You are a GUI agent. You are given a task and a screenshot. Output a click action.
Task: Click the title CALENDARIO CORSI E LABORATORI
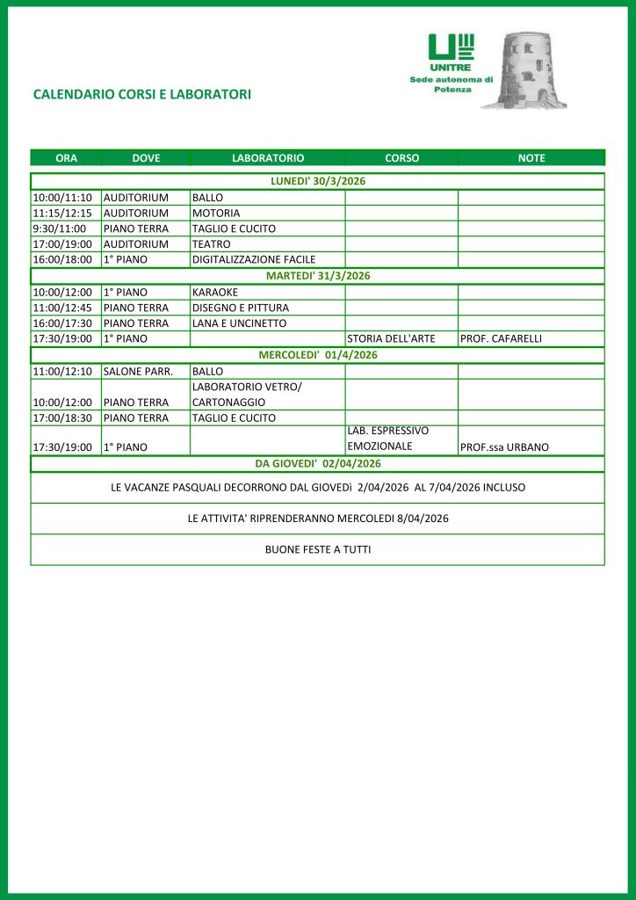pyautogui.click(x=141, y=94)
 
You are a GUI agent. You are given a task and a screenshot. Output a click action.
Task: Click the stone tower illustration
pyautogui.click(x=536, y=70)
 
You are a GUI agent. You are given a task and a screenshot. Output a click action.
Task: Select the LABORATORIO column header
pyautogui.click(x=268, y=158)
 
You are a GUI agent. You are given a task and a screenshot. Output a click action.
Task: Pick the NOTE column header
pyautogui.click(x=531, y=158)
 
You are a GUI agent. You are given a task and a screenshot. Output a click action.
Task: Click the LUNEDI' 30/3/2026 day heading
pyautogui.click(x=318, y=181)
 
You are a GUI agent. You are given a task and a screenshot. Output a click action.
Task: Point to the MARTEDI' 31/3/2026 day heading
pyautogui.click(x=318, y=276)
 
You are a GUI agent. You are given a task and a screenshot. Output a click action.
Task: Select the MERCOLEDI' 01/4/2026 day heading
pyautogui.click(x=318, y=355)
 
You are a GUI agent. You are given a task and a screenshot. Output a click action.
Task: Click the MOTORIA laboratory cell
pyautogui.click(x=216, y=213)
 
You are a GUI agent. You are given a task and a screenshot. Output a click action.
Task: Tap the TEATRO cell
pyautogui.click(x=212, y=244)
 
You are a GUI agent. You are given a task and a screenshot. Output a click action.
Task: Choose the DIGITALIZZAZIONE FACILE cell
pyautogui.click(x=254, y=260)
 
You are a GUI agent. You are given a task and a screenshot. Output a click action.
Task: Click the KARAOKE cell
pyautogui.click(x=215, y=292)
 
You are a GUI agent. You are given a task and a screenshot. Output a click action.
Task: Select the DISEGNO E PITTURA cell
pyautogui.click(x=241, y=308)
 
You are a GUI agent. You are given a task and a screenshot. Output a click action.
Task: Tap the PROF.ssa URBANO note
pyautogui.click(x=505, y=447)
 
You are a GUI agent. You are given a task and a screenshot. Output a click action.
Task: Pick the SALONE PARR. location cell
pyautogui.click(x=139, y=372)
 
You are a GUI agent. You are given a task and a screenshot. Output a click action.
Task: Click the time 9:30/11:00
pyautogui.click(x=60, y=229)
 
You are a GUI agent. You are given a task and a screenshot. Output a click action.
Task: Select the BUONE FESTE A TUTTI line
pyautogui.click(x=318, y=549)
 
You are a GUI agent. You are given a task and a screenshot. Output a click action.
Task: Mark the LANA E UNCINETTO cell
pyautogui.click(x=240, y=323)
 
